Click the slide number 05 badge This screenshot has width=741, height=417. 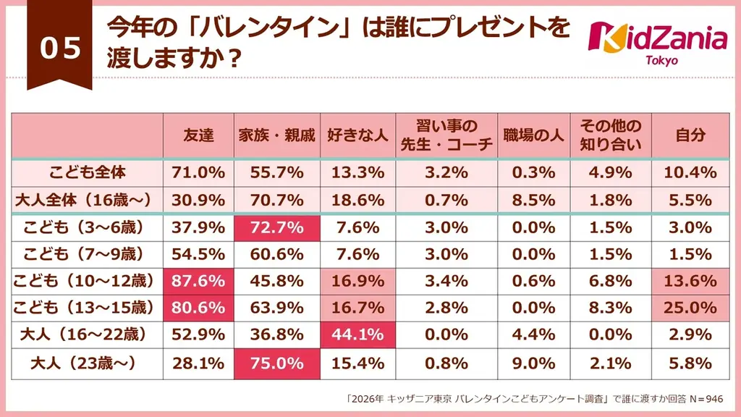pos(60,49)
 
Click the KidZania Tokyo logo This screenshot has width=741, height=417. pos(658,39)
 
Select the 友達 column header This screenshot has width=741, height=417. pos(198,135)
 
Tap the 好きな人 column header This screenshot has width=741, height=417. pos(357,135)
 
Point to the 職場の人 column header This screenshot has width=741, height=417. pos(534,135)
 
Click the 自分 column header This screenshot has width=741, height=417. pos(690,135)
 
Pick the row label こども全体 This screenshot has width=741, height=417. pos(88,172)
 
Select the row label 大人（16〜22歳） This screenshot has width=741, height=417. pos(88,335)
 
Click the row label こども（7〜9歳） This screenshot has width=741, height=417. pos(88,254)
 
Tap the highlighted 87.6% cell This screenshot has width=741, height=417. pos(198,281)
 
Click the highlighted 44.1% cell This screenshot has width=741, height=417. pos(357,335)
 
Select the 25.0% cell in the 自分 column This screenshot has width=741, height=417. pos(690,308)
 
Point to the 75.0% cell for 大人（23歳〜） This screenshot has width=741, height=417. pos(278,362)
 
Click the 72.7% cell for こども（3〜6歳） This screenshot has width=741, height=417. pos(278,227)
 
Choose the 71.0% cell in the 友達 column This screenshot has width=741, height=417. pos(198,172)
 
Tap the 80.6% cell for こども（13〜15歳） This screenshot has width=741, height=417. pos(198,308)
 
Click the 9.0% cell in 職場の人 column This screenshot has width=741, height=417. pos(534,362)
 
